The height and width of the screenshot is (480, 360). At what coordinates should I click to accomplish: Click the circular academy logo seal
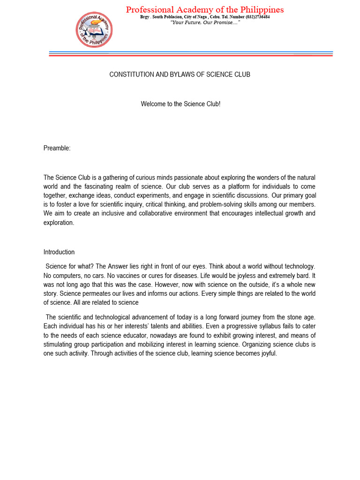click(x=94, y=30)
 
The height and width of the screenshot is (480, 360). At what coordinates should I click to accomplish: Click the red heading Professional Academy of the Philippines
click(x=205, y=9)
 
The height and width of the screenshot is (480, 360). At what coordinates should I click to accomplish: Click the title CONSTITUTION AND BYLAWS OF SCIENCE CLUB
click(x=180, y=75)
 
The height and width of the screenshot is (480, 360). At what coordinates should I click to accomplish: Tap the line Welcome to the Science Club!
click(x=180, y=104)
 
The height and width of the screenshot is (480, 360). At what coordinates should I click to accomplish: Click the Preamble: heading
click(x=57, y=148)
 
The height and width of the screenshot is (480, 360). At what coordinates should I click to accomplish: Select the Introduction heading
click(x=59, y=252)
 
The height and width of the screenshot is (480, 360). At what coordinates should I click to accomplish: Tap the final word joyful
click(x=267, y=353)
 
